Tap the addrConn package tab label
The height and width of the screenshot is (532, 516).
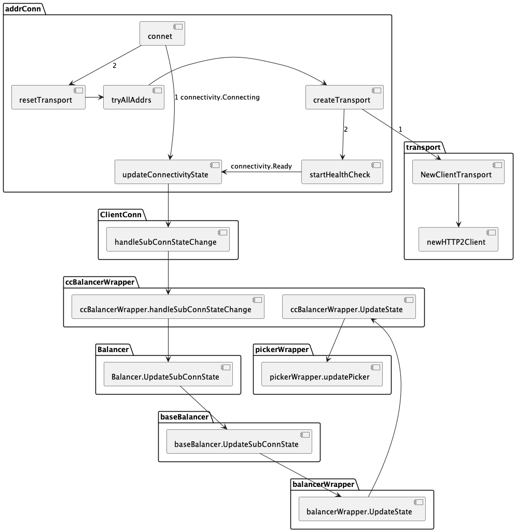(23, 8)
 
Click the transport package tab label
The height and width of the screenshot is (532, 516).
(423, 147)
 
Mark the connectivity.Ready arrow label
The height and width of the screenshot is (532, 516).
(261, 166)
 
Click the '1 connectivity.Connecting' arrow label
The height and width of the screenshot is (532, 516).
(217, 97)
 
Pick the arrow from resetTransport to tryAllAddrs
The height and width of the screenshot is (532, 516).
(94, 97)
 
